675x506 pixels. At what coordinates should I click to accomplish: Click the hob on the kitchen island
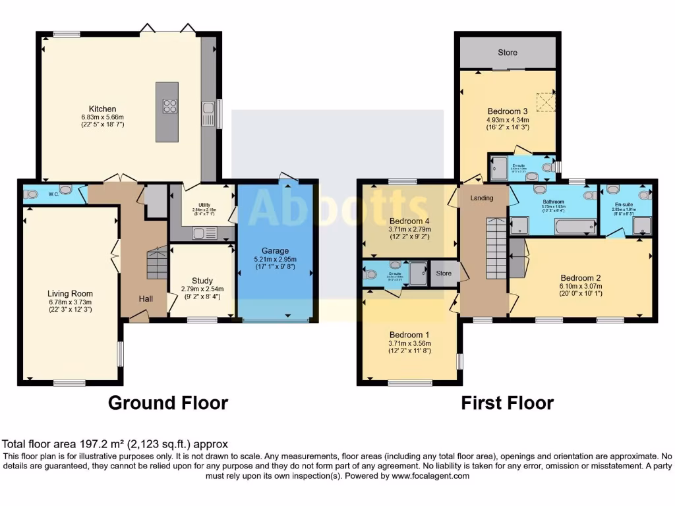pyautogui.click(x=169, y=105)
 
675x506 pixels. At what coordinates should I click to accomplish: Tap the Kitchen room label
pyautogui.click(x=103, y=109)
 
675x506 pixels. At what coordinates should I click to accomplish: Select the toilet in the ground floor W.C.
pyautogui.click(x=30, y=194)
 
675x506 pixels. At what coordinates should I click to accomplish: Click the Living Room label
pyautogui.click(x=70, y=294)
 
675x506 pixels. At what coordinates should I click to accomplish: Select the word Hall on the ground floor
pyautogui.click(x=146, y=299)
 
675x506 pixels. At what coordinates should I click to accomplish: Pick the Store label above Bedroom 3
pyautogui.click(x=508, y=52)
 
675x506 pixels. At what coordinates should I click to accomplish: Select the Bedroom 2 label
pyautogui.click(x=580, y=277)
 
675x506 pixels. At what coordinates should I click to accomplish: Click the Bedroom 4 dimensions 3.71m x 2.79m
pyautogui.click(x=409, y=229)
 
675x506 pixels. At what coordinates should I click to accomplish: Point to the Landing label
pyautogui.click(x=482, y=198)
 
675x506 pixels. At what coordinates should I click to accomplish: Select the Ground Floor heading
pyautogui.click(x=168, y=403)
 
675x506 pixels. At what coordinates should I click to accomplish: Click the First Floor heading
pyautogui.click(x=507, y=403)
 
